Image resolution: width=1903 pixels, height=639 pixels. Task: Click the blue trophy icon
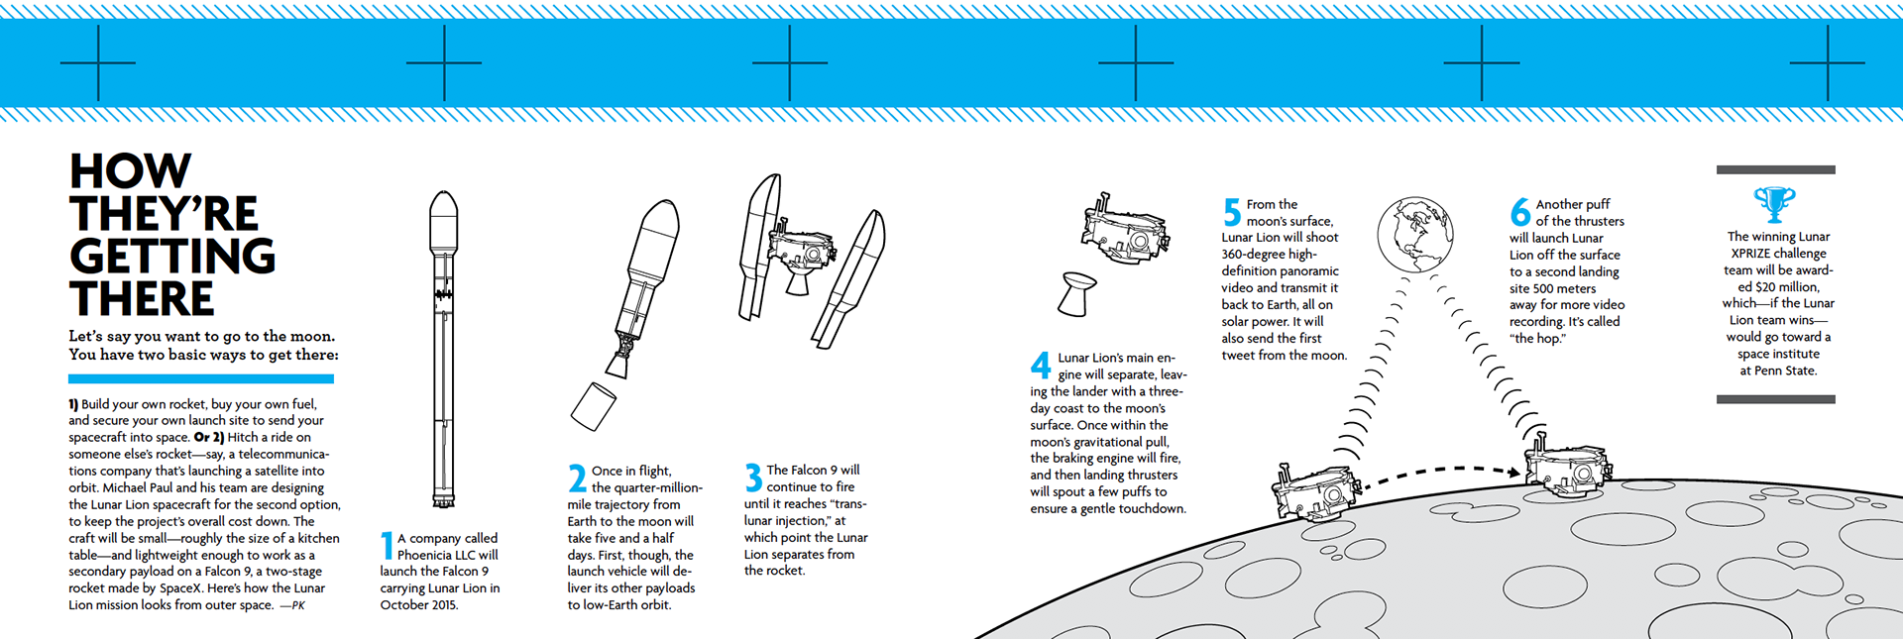tap(1774, 204)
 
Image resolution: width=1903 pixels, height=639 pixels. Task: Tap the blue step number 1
tap(387, 546)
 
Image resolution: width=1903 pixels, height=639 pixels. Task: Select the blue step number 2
tap(577, 479)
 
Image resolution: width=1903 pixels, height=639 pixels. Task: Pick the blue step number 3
tap(753, 478)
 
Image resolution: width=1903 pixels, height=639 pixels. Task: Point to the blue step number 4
tap(1040, 365)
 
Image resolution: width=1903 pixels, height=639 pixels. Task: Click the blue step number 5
tap(1232, 212)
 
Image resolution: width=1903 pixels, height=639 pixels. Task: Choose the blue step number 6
tap(1520, 212)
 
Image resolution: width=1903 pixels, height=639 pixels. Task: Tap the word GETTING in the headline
tap(172, 257)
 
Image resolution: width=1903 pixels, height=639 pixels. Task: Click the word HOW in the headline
tap(130, 171)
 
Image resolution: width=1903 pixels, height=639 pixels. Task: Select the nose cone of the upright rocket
tap(443, 211)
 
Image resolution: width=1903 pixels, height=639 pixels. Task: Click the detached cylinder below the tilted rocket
tap(593, 406)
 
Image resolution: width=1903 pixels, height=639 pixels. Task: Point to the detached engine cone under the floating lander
tap(1077, 294)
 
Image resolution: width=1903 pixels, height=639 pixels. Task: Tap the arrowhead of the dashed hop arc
tap(1513, 474)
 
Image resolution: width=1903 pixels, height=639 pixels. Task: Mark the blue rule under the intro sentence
tap(201, 378)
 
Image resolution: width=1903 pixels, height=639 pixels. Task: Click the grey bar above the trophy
tap(1775, 170)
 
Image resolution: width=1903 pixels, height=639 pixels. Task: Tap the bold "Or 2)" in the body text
tap(209, 437)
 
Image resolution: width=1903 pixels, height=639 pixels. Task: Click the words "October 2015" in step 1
tap(418, 604)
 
